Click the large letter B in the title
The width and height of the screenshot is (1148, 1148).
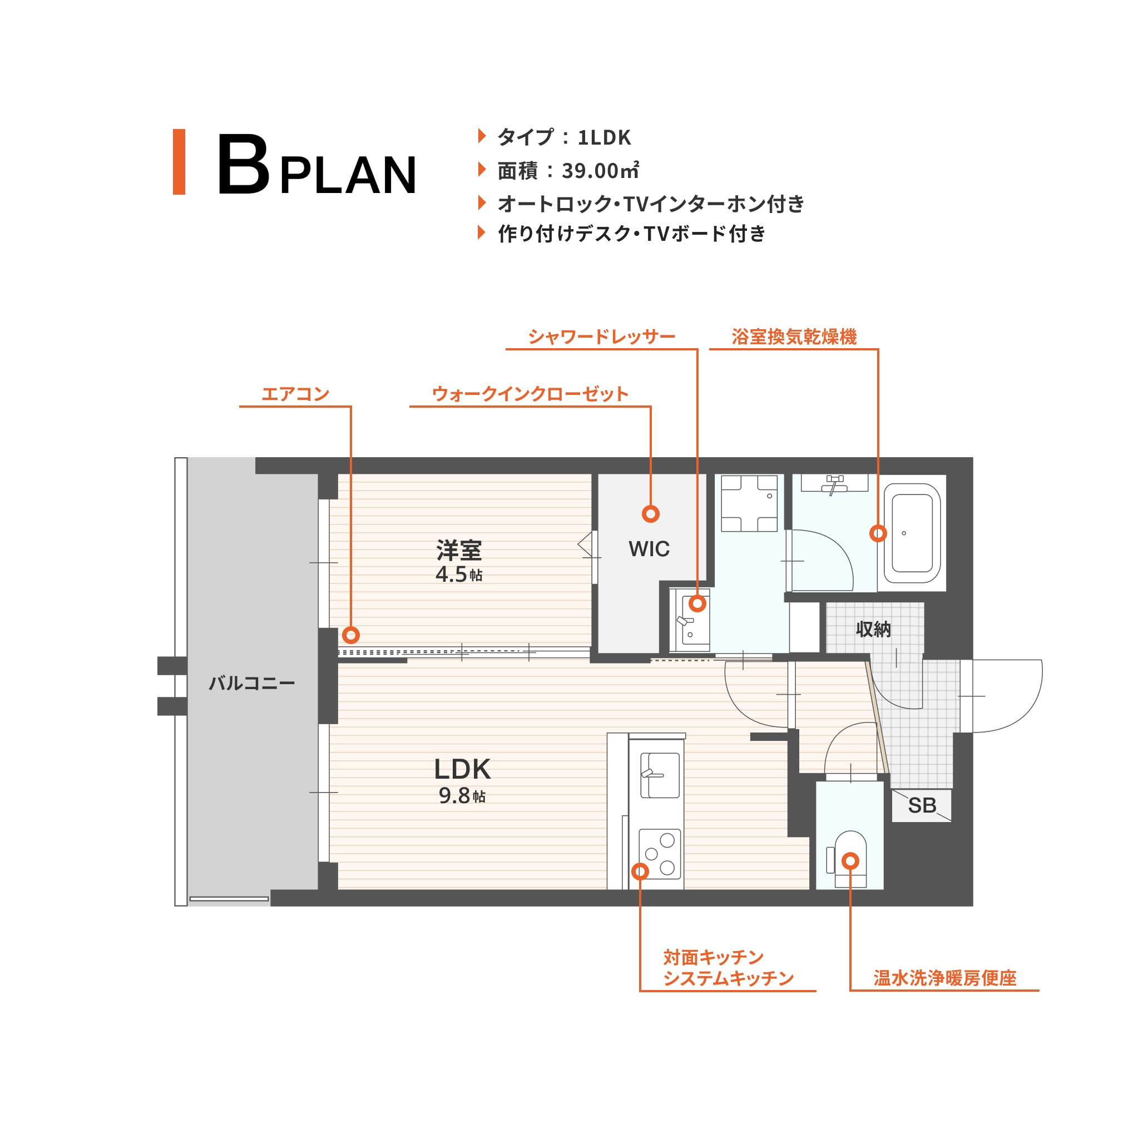click(x=243, y=164)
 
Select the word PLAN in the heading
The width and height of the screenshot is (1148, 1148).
click(x=348, y=175)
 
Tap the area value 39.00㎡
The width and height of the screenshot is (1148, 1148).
click(x=600, y=171)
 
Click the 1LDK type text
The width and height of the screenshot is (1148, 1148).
click(x=603, y=137)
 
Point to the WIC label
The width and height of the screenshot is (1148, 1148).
click(x=649, y=549)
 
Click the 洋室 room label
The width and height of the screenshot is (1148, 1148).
click(x=459, y=550)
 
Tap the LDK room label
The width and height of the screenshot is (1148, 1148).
click(x=462, y=769)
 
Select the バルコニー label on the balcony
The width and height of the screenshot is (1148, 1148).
click(x=251, y=684)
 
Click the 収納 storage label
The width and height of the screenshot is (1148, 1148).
click(x=873, y=629)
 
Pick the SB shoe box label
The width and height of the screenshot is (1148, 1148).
click(x=922, y=806)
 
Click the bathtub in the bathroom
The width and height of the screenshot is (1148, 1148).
click(x=912, y=533)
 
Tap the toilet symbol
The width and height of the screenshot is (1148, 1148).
click(x=850, y=859)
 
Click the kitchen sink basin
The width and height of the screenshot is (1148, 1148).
click(x=660, y=775)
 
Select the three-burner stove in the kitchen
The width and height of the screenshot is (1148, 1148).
click(x=660, y=853)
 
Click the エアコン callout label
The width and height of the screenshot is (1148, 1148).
click(x=295, y=394)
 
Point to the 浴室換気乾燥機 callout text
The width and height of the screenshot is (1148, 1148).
click(x=794, y=337)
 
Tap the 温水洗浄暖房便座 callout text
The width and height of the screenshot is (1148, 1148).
click(x=945, y=978)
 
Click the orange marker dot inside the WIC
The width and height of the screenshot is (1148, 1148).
click(x=651, y=514)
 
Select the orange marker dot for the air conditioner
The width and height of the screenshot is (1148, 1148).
click(x=351, y=635)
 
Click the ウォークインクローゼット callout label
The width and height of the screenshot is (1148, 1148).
click(x=530, y=394)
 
